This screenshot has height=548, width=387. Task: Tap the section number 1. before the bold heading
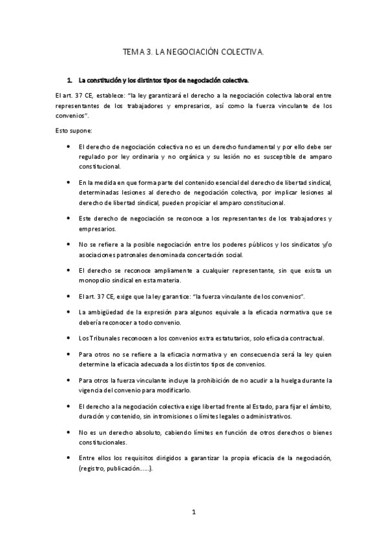pyautogui.click(x=70, y=81)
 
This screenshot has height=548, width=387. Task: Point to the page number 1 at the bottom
pyautogui.click(x=193, y=512)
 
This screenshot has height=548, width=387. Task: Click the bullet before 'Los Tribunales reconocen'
pyautogui.click(x=68, y=338)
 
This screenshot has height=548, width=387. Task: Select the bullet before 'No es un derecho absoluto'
pyautogui.click(x=68, y=432)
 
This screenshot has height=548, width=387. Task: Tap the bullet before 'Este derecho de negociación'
pyautogui.click(x=68, y=218)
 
